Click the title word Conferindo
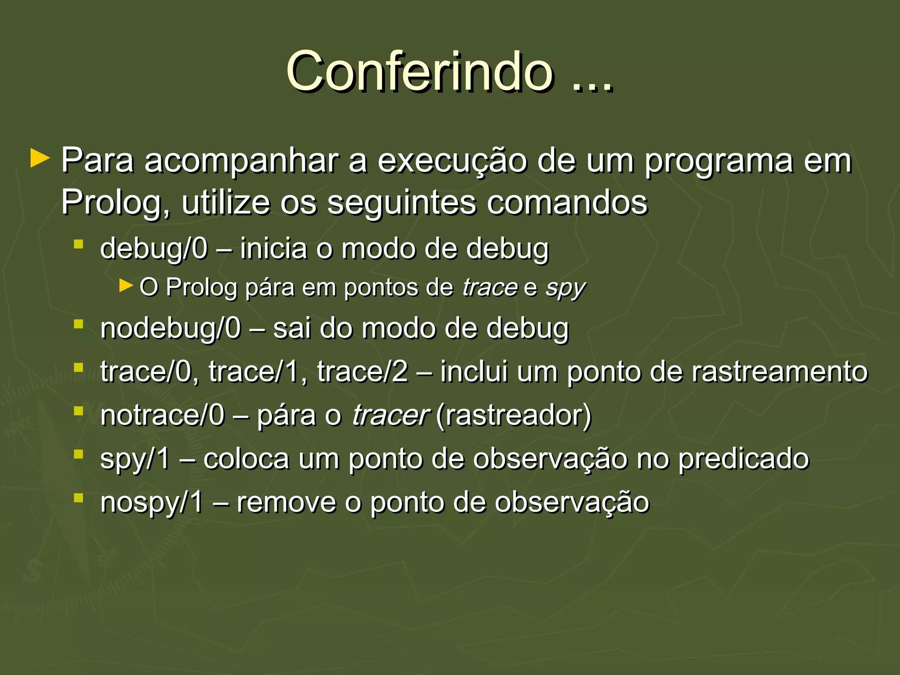[419, 71]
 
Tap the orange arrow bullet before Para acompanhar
[40, 159]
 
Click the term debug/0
[153, 249]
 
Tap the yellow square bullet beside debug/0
[79, 244]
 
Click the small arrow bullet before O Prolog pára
[126, 286]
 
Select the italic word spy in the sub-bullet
[565, 288]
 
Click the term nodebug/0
[171, 328]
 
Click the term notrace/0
[162, 415]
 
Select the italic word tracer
[389, 415]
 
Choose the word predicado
[743, 459]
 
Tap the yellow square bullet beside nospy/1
[79, 498]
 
